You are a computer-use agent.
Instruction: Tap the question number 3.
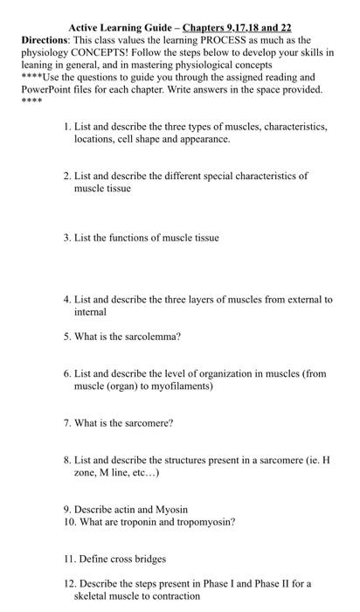coord(68,237)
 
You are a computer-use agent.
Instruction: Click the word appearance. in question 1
coord(207,139)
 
